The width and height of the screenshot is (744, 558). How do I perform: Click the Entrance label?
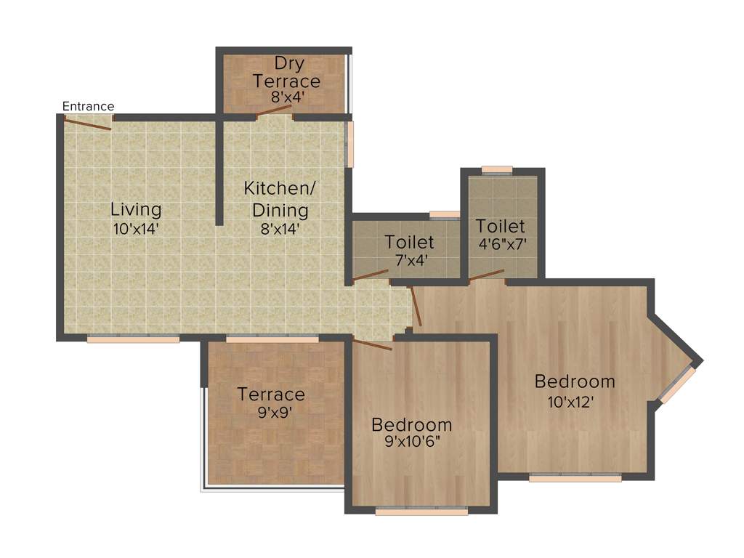tap(88, 106)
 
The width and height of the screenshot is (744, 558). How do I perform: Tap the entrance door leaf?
tap(87, 124)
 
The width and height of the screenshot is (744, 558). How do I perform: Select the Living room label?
tap(136, 210)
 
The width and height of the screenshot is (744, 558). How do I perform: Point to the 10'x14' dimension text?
tap(136, 228)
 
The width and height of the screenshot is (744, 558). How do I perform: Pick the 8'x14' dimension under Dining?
tap(280, 228)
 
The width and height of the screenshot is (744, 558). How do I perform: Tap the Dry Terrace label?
tap(286, 72)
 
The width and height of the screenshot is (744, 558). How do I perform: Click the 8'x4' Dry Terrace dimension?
tap(286, 96)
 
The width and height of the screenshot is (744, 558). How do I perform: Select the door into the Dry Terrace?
tap(274, 112)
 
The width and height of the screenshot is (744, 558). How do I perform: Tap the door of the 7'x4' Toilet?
tap(371, 275)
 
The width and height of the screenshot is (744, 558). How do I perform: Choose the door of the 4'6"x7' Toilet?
tap(486, 275)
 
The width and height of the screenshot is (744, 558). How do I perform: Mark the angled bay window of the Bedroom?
tap(677, 384)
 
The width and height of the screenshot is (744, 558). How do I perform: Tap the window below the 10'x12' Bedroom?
tap(575, 478)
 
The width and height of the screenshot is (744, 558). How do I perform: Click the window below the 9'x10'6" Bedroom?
tap(421, 511)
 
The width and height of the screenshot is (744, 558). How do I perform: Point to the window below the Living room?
tap(134, 339)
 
